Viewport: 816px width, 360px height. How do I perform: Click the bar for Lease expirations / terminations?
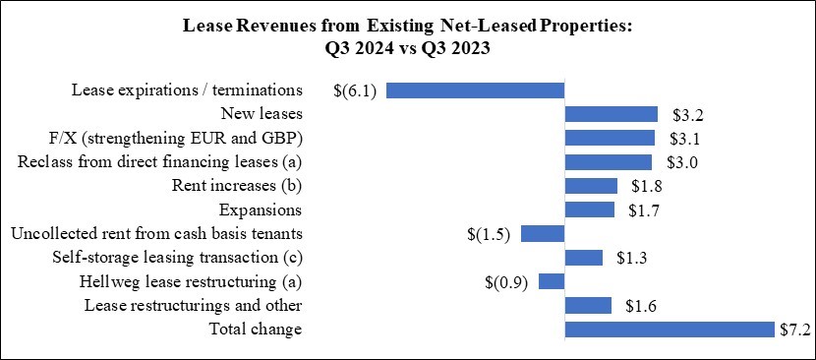[x=475, y=90]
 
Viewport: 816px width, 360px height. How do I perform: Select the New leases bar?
[x=611, y=114]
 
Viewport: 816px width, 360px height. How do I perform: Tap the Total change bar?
[x=670, y=329]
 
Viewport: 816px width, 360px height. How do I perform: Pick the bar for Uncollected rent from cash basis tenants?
[x=542, y=233]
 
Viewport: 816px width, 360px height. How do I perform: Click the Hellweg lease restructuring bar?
[x=551, y=281]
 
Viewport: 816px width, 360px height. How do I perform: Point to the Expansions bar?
[x=589, y=210]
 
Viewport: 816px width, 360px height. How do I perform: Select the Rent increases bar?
[x=591, y=186]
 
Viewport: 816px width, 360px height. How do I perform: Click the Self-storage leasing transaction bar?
[x=583, y=258]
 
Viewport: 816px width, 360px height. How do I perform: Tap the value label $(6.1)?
[x=355, y=90]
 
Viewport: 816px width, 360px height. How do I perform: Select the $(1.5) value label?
[x=489, y=234]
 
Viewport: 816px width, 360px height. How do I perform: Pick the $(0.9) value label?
[x=507, y=282]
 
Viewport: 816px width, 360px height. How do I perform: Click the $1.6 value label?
[x=640, y=306]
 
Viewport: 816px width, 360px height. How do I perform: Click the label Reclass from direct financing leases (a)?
[x=160, y=162]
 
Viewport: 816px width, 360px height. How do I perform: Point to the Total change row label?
[x=258, y=330]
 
